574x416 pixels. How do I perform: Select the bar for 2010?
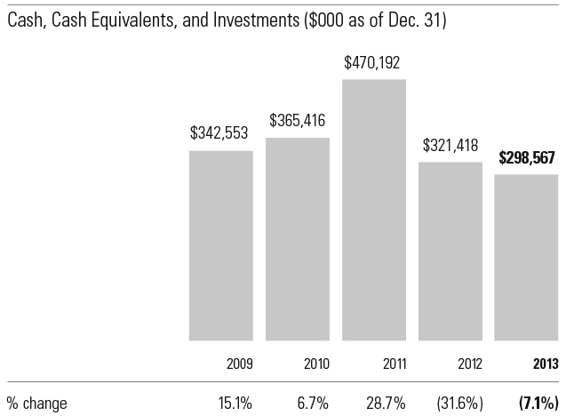click(298, 239)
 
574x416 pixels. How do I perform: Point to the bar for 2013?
click(527, 258)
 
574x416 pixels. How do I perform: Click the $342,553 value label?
click(219, 134)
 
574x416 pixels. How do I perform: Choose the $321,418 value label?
click(450, 145)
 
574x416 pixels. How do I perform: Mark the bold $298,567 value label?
click(527, 158)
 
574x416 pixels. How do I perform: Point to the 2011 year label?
click(394, 364)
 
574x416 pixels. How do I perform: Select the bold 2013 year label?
click(545, 364)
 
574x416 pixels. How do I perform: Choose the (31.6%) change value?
click(461, 403)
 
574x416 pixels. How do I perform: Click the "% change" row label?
click(38, 403)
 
